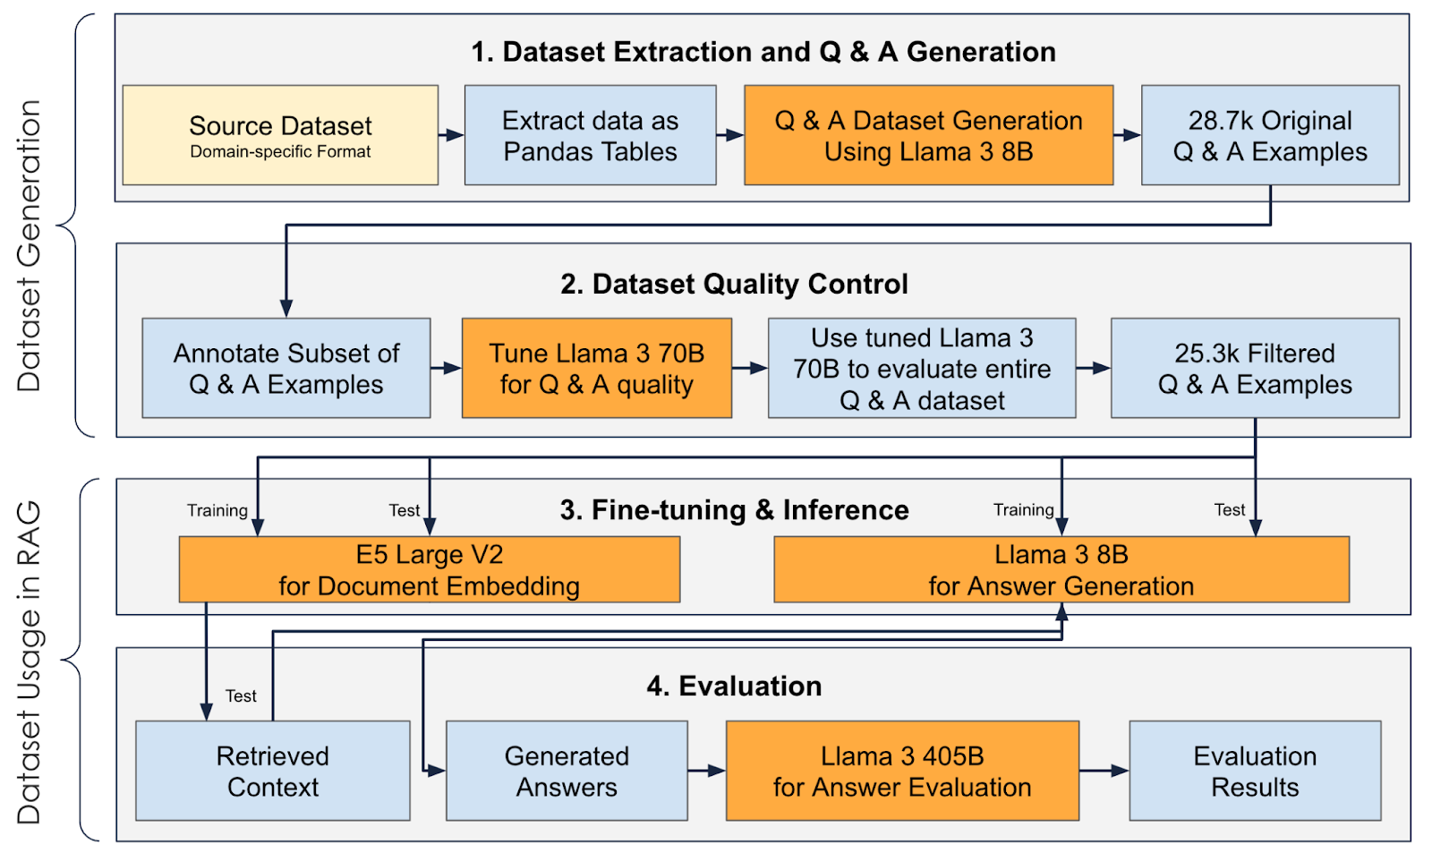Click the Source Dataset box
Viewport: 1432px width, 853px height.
pos(280,135)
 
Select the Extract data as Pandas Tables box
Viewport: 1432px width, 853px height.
pos(590,135)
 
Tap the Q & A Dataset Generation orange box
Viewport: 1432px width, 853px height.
pos(928,135)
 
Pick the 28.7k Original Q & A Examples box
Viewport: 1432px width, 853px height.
pos(1270,135)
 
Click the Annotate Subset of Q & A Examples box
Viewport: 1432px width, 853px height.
pos(286,368)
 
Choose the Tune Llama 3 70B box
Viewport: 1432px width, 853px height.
pos(596,368)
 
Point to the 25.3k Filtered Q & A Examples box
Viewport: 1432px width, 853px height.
pos(1255,368)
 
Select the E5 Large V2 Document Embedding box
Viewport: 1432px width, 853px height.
pos(429,569)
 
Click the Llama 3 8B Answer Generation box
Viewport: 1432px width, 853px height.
pos(1061,569)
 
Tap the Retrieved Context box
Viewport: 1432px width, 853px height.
pos(273,771)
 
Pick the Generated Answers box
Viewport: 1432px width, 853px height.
pos(567,771)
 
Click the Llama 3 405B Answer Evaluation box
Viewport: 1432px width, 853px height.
pos(902,771)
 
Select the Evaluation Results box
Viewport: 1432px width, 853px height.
pos(1255,771)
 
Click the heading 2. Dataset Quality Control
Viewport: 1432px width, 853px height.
pos(734,284)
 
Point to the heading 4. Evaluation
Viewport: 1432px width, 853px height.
pos(734,686)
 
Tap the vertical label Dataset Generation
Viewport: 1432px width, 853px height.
pos(30,246)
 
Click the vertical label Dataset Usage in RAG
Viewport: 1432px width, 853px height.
pos(30,661)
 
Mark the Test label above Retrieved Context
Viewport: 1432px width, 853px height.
pos(241,695)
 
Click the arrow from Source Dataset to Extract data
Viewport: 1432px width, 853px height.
pos(451,135)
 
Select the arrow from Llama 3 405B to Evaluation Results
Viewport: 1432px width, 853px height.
pos(1104,771)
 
